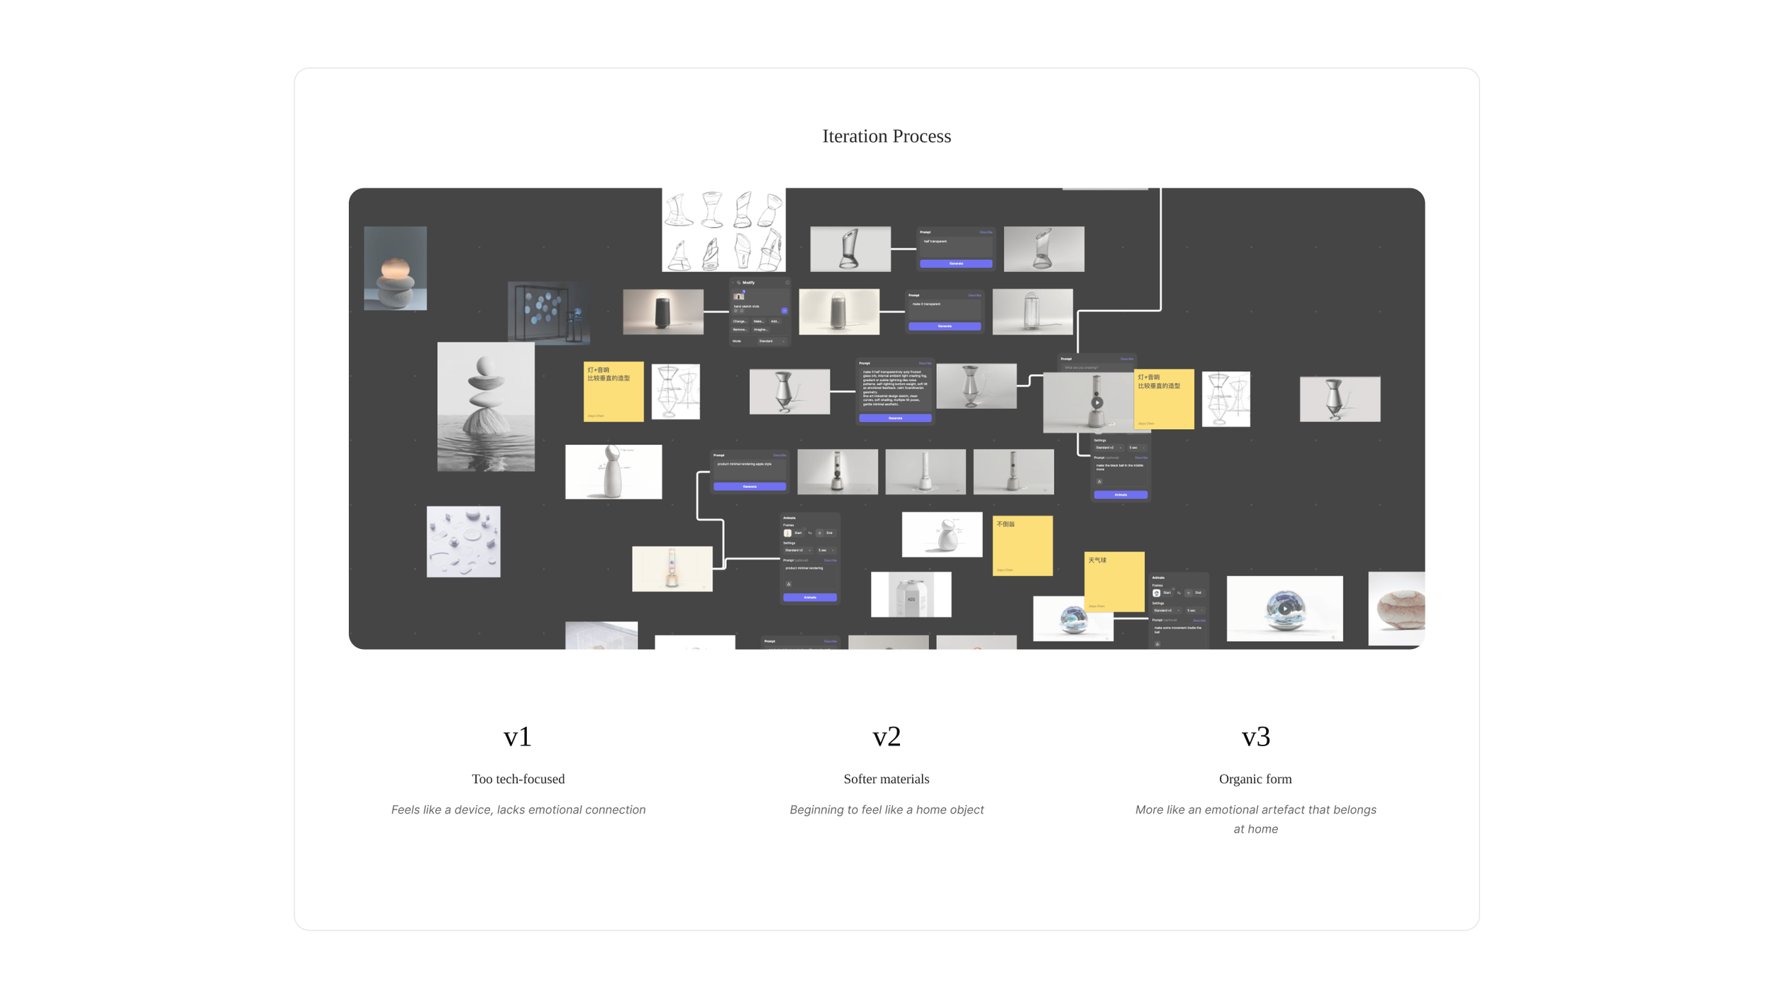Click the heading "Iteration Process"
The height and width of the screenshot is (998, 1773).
(887, 136)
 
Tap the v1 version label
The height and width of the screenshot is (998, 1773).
(518, 737)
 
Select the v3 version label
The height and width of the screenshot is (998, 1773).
(1255, 737)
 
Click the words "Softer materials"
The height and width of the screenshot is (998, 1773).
(887, 779)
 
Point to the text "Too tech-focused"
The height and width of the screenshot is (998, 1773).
(518, 779)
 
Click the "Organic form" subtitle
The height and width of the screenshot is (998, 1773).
(1255, 779)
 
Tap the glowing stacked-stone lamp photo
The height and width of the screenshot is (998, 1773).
(395, 268)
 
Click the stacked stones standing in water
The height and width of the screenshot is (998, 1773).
(486, 406)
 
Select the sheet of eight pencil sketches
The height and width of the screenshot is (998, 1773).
(723, 230)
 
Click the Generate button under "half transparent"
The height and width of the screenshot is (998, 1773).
(956, 263)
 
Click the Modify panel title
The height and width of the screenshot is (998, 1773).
(748, 282)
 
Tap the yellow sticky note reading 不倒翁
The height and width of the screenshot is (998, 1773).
(1022, 545)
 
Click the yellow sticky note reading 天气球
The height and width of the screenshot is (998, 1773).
(1114, 581)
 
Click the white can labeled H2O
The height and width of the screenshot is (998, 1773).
(911, 594)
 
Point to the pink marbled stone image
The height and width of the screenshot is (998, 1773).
(1396, 609)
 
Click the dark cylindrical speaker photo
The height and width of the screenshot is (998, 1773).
(663, 311)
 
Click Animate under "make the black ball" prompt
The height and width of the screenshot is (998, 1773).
(1121, 494)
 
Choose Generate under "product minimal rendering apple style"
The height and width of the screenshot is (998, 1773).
(750, 487)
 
